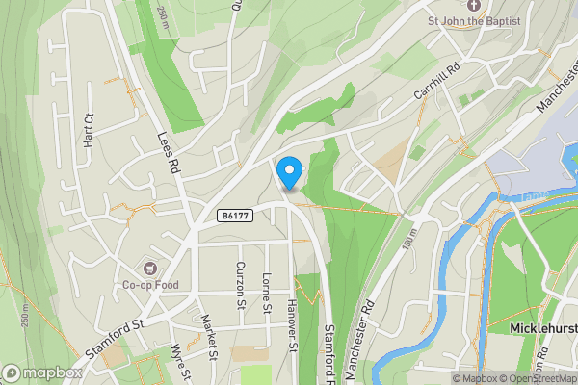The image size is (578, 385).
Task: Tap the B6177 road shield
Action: (x=235, y=216)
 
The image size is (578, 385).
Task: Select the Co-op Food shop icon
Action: (x=149, y=267)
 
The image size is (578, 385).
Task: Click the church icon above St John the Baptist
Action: (x=473, y=4)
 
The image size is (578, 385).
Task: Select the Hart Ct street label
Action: (x=89, y=131)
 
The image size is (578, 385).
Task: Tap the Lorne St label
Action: (x=264, y=294)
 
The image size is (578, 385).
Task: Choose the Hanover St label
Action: (x=291, y=326)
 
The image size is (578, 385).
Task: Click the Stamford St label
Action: (x=114, y=335)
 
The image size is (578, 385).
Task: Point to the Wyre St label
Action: (x=178, y=363)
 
